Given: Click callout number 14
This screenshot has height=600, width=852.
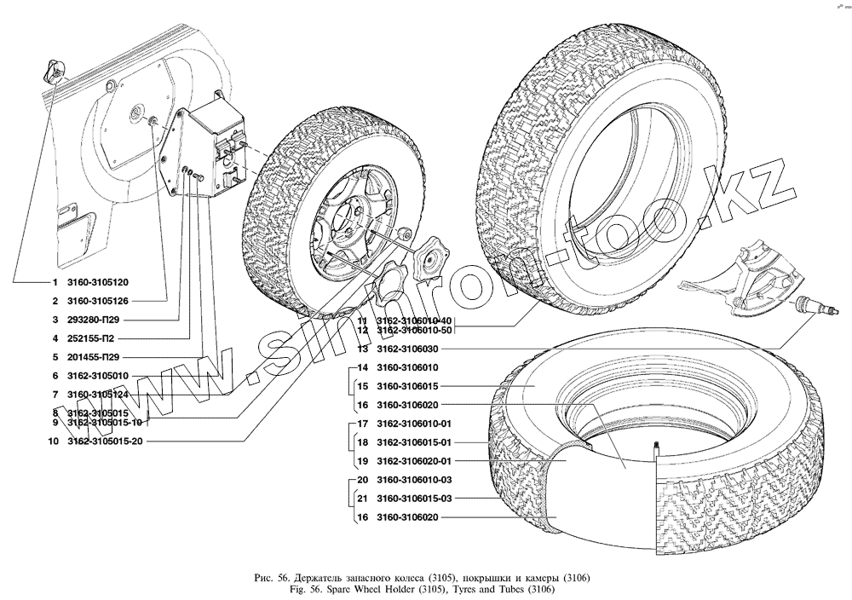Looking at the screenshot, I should click(362, 368).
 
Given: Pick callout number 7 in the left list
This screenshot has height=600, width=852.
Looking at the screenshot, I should click(54, 395).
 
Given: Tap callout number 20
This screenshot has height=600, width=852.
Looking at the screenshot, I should click(362, 480).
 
